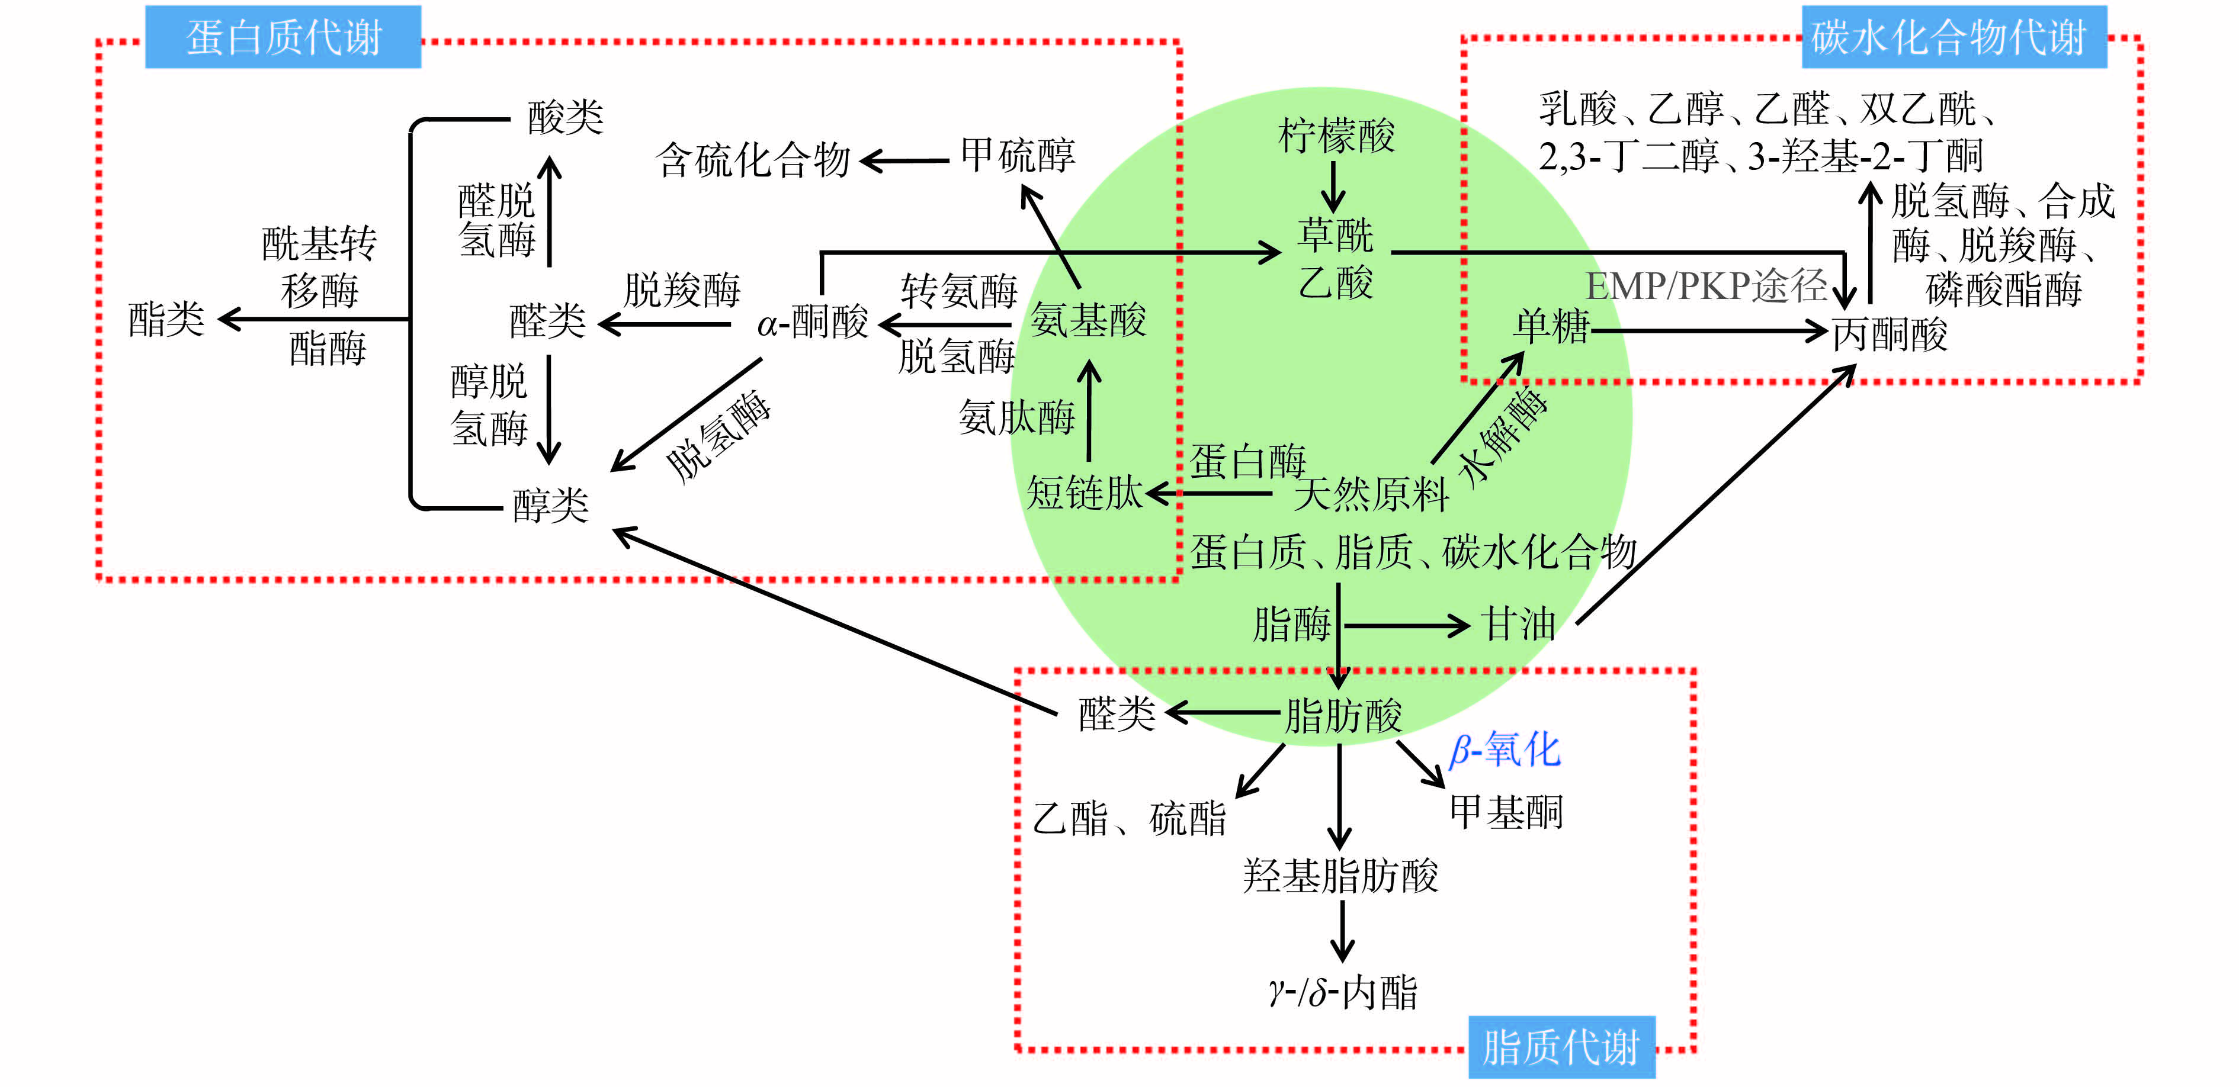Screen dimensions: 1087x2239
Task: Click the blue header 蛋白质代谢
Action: click(283, 37)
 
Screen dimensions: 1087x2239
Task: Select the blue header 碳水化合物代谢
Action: click(1953, 37)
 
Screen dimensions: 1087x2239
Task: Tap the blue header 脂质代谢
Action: click(1561, 1046)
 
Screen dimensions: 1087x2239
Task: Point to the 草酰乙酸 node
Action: click(1335, 259)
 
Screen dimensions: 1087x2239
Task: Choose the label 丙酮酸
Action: click(1890, 335)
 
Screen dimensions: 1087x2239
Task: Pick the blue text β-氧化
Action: click(1505, 749)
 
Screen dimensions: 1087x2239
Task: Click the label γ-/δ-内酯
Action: click(1343, 992)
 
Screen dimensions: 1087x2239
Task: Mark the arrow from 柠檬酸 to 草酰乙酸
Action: click(1334, 186)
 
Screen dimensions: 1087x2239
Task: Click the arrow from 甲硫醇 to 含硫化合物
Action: click(904, 161)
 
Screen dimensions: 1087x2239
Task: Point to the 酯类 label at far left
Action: click(166, 319)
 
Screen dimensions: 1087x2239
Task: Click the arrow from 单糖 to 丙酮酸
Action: click(1708, 331)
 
